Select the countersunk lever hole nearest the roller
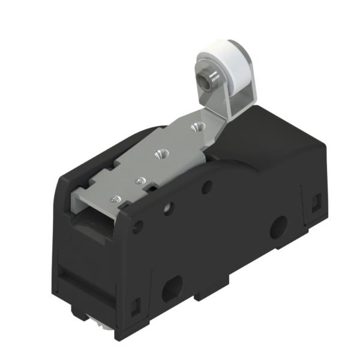coord(194,127)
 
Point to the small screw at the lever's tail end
coord(115,198)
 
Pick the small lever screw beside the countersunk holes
coord(140,179)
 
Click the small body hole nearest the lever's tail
coord(140,227)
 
